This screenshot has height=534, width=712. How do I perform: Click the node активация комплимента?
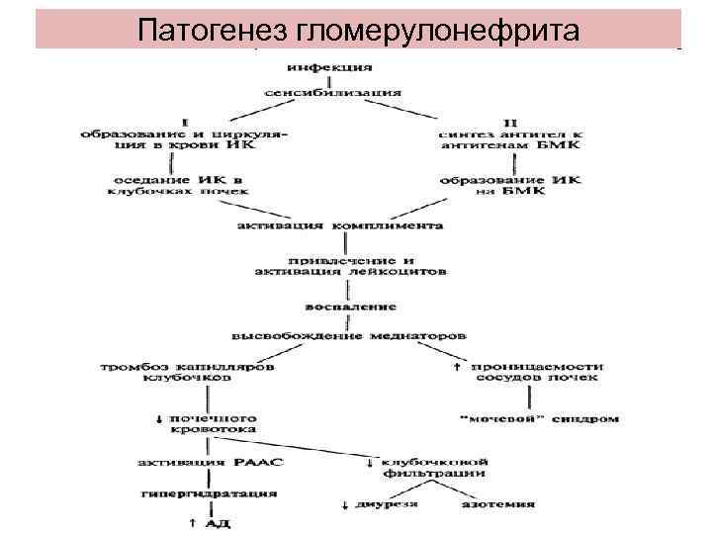340,225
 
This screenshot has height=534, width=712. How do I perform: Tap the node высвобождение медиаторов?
348,333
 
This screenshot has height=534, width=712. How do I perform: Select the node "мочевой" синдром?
540,418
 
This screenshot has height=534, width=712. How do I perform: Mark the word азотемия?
498,504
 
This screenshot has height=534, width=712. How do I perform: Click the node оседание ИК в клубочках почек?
179,185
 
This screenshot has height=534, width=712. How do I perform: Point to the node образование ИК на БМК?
509,185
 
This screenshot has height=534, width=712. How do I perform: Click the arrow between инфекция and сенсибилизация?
329,80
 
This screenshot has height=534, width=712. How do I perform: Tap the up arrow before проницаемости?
457,367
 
